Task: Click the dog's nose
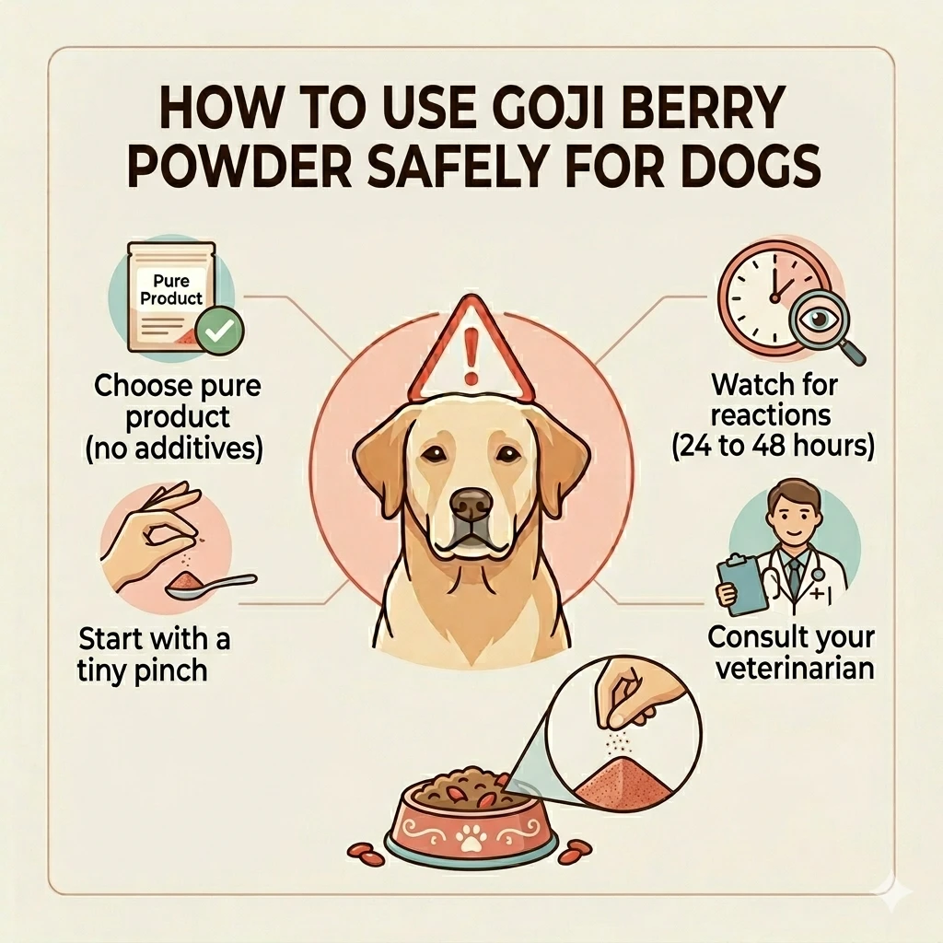pos(472,504)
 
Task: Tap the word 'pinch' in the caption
pos(168,669)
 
